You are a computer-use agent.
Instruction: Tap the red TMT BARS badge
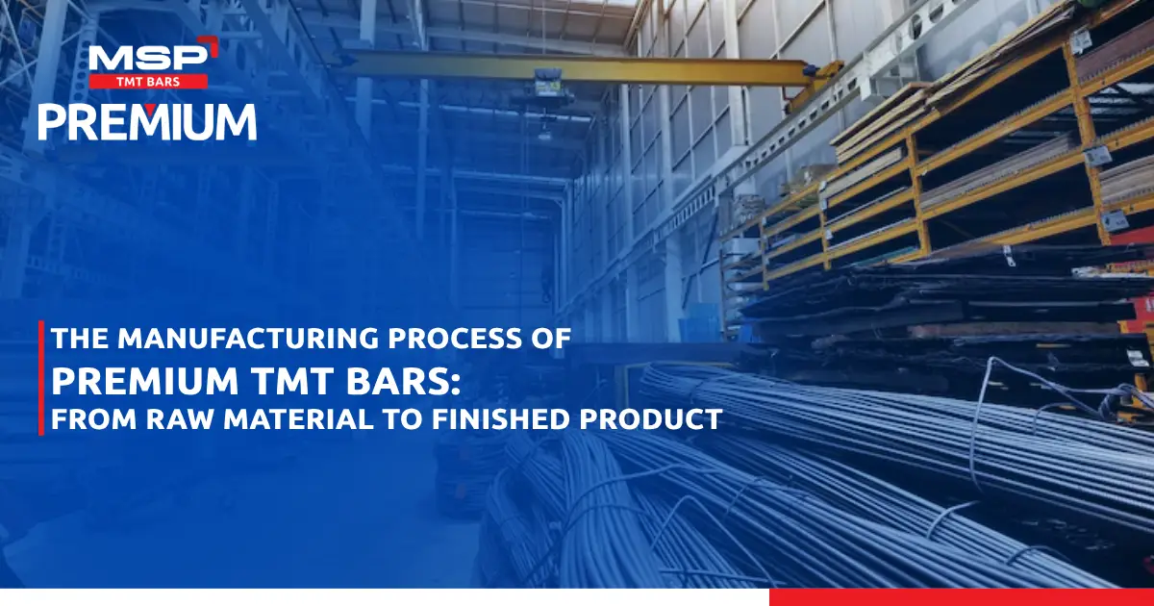click(148, 82)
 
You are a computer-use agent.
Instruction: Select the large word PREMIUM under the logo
click(147, 122)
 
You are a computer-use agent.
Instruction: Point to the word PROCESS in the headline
click(464, 339)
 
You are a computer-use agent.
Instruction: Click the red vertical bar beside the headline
click(41, 378)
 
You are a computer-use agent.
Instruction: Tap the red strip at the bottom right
click(962, 597)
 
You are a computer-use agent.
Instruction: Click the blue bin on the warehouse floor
click(699, 323)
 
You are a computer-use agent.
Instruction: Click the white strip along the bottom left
click(385, 597)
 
